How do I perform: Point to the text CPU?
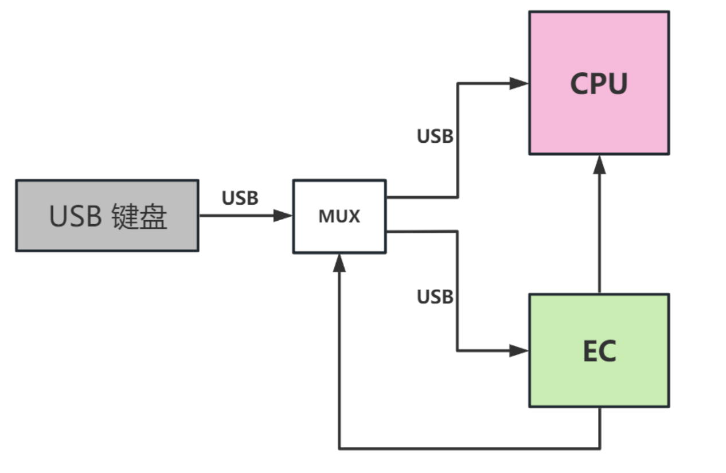pos(599,84)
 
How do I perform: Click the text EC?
pos(599,351)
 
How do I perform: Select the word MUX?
pos(339,217)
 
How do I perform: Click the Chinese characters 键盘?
pos(140,216)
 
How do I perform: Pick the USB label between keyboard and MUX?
pos(240,198)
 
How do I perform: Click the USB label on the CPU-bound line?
pos(435,136)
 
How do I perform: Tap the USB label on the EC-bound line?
pos(435,296)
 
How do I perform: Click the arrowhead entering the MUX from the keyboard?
pos(284,216)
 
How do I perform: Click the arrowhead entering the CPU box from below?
pos(599,165)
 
